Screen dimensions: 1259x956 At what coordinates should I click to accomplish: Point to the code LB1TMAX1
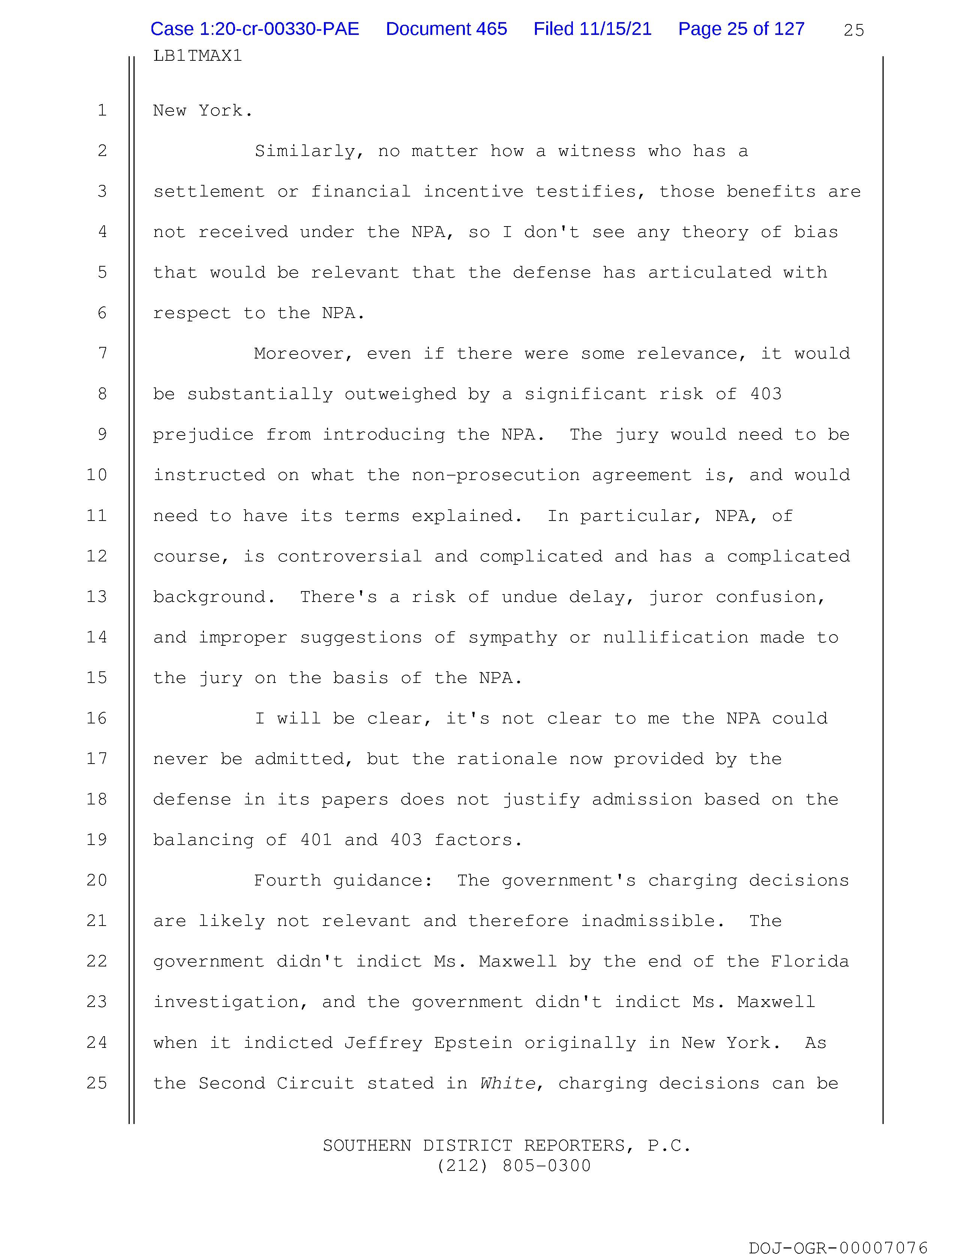pos(198,56)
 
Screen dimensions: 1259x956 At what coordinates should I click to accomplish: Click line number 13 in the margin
pos(97,596)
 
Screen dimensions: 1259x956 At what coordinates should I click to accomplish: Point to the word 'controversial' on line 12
pos(349,557)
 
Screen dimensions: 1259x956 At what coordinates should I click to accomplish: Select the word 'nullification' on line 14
pos(676,638)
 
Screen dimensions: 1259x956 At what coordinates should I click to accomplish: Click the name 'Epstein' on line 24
pos(473,1043)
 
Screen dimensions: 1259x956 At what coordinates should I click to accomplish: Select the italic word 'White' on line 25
pos(508,1083)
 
